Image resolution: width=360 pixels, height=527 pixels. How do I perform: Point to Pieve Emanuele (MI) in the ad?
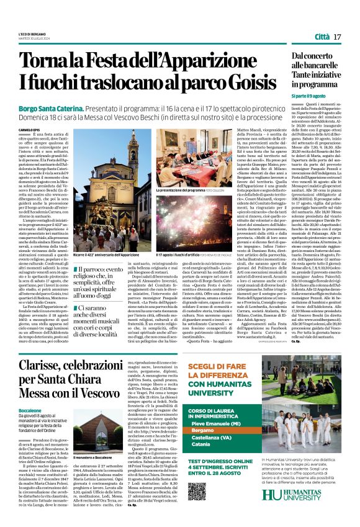[214, 422]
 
